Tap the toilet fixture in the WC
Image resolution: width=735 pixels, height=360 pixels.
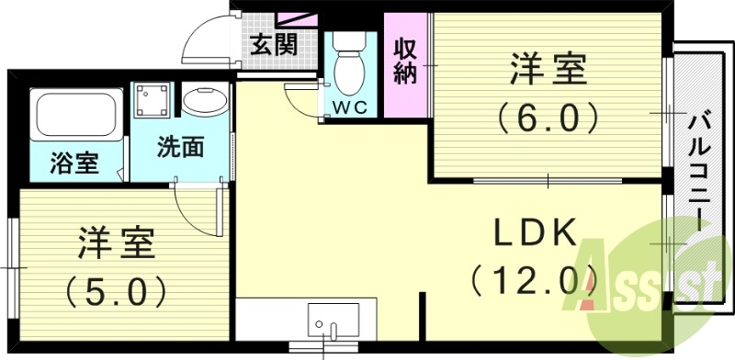pos(348,65)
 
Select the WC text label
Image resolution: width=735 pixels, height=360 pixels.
pos(349,107)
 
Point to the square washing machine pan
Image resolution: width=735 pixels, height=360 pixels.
pos(153,100)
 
